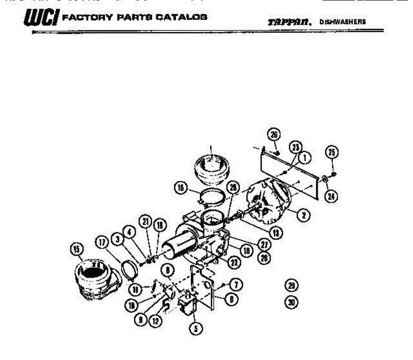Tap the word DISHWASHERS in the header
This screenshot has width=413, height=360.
coord(342,22)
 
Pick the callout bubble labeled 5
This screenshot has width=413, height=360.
coord(196,328)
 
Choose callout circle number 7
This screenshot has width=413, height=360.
coord(236,285)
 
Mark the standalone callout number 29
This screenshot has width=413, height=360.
coord(292,285)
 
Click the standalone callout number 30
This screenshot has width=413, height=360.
coord(292,303)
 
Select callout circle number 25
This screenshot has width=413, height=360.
coord(332,152)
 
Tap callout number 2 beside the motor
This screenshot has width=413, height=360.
coord(304,216)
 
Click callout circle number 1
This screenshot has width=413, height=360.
coord(305,158)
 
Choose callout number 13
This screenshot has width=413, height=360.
coord(275,233)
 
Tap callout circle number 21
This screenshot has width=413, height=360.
coord(146,222)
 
